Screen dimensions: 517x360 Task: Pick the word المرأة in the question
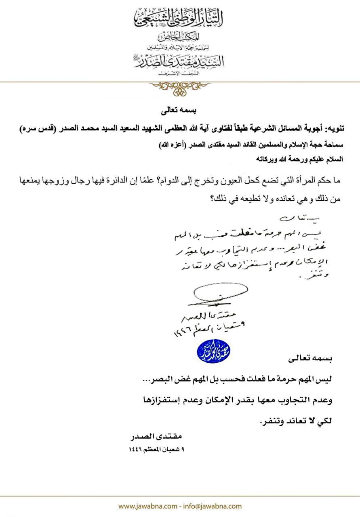299,180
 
